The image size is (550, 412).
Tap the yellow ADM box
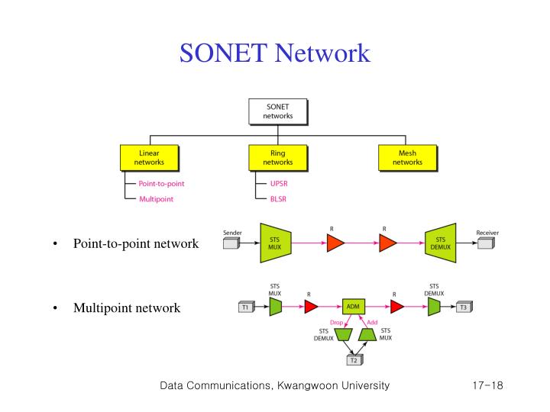pos(353,307)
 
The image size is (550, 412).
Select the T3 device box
pos(463,307)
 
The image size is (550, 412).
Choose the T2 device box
pos(353,360)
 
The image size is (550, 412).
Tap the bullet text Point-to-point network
pos(136,243)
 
